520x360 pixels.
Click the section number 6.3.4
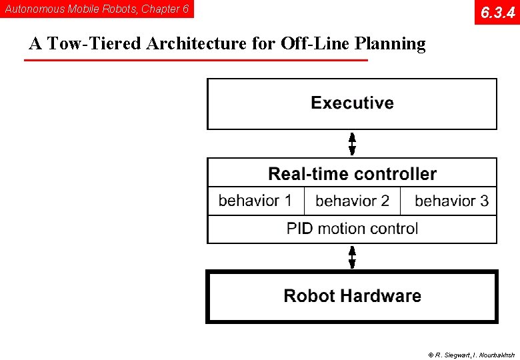pyautogui.click(x=497, y=12)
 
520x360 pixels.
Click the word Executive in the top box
pyautogui.click(x=352, y=103)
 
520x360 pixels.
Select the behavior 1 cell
pyautogui.click(x=255, y=201)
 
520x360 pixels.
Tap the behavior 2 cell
pyautogui.click(x=352, y=201)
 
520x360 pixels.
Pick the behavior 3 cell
pyautogui.click(x=451, y=201)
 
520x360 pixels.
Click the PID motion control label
pyautogui.click(x=352, y=229)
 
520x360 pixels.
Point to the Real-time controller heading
pyautogui.click(x=352, y=174)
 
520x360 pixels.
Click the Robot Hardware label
pyautogui.click(x=352, y=296)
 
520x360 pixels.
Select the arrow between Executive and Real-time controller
pyautogui.click(x=352, y=143)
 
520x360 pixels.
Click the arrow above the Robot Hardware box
pyautogui.click(x=352, y=257)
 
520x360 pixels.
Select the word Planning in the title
pyautogui.click(x=390, y=45)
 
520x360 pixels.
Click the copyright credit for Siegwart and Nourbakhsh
pyautogui.click(x=471, y=355)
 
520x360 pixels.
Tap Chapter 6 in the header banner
pyautogui.click(x=165, y=9)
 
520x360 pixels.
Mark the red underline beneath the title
pyautogui.click(x=195, y=61)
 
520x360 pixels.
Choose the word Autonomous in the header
pyautogui.click(x=34, y=9)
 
